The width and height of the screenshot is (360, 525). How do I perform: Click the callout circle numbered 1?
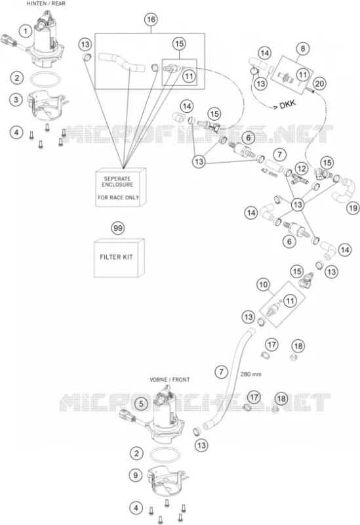(25, 31)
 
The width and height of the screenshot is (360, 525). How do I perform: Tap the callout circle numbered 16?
(151, 20)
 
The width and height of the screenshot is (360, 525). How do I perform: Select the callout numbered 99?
(117, 228)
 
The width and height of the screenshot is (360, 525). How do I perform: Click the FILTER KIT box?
(119, 258)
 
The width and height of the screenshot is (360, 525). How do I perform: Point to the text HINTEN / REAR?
(46, 4)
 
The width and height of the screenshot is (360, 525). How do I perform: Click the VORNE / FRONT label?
(170, 380)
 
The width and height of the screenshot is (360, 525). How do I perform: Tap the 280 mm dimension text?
(250, 374)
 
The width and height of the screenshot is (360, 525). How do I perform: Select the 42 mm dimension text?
(269, 173)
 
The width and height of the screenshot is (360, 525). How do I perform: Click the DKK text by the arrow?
(288, 104)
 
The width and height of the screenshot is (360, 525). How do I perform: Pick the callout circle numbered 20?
(319, 83)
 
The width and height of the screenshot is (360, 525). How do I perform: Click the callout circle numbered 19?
(353, 208)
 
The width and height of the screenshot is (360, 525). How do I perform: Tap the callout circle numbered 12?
(302, 169)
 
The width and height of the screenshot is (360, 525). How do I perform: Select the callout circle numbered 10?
(263, 285)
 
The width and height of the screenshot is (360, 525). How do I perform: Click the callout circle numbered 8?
(303, 49)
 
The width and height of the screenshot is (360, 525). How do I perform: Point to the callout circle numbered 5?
(141, 404)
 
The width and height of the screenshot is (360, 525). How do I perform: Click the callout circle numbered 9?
(136, 475)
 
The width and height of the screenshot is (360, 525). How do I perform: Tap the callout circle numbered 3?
(16, 100)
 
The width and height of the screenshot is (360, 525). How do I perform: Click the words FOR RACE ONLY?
(118, 198)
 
